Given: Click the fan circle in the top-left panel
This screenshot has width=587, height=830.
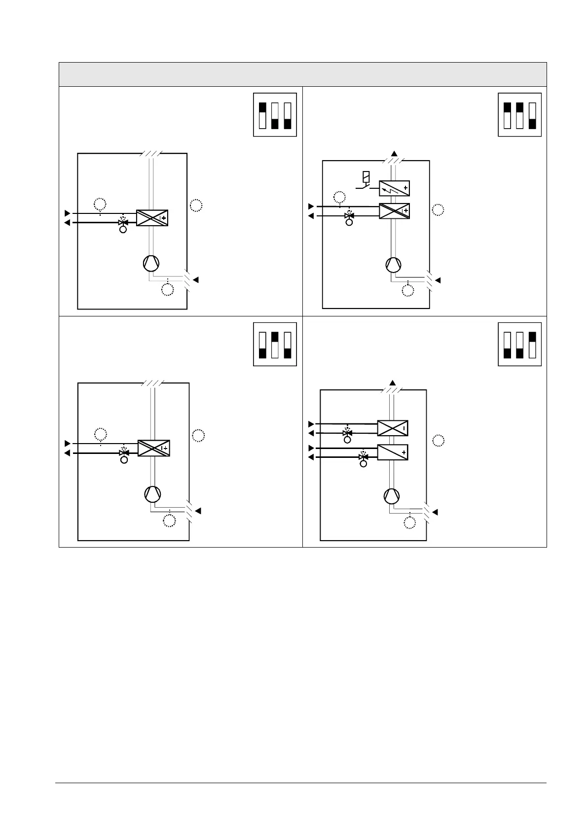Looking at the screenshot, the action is pos(151,264).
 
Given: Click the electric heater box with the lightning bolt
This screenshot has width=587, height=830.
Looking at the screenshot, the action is pos(394,188).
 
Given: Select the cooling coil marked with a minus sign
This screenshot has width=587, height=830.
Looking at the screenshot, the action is pos(393,428).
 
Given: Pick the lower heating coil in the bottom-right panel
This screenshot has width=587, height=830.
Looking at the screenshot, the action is pos(393,452).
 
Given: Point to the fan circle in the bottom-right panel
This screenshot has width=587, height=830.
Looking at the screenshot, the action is pos(393,495).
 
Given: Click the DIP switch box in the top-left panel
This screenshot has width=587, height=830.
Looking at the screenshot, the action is pos(275,115).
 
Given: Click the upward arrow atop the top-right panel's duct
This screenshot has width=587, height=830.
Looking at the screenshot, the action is pos(394,154).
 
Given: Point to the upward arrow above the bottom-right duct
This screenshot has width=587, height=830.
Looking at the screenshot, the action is pos(393,383).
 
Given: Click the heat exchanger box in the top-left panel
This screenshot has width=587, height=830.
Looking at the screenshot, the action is pos(152,218).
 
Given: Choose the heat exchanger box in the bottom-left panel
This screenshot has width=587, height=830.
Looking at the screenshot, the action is pos(153,448).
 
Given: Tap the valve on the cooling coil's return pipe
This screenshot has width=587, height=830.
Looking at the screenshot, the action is pos(347,433).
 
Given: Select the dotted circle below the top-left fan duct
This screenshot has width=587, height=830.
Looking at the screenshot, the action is pos(168,290).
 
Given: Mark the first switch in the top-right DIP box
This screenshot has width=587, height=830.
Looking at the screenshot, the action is pos(507,115).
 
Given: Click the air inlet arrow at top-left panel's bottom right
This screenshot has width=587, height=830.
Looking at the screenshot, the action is pos(196,280).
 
